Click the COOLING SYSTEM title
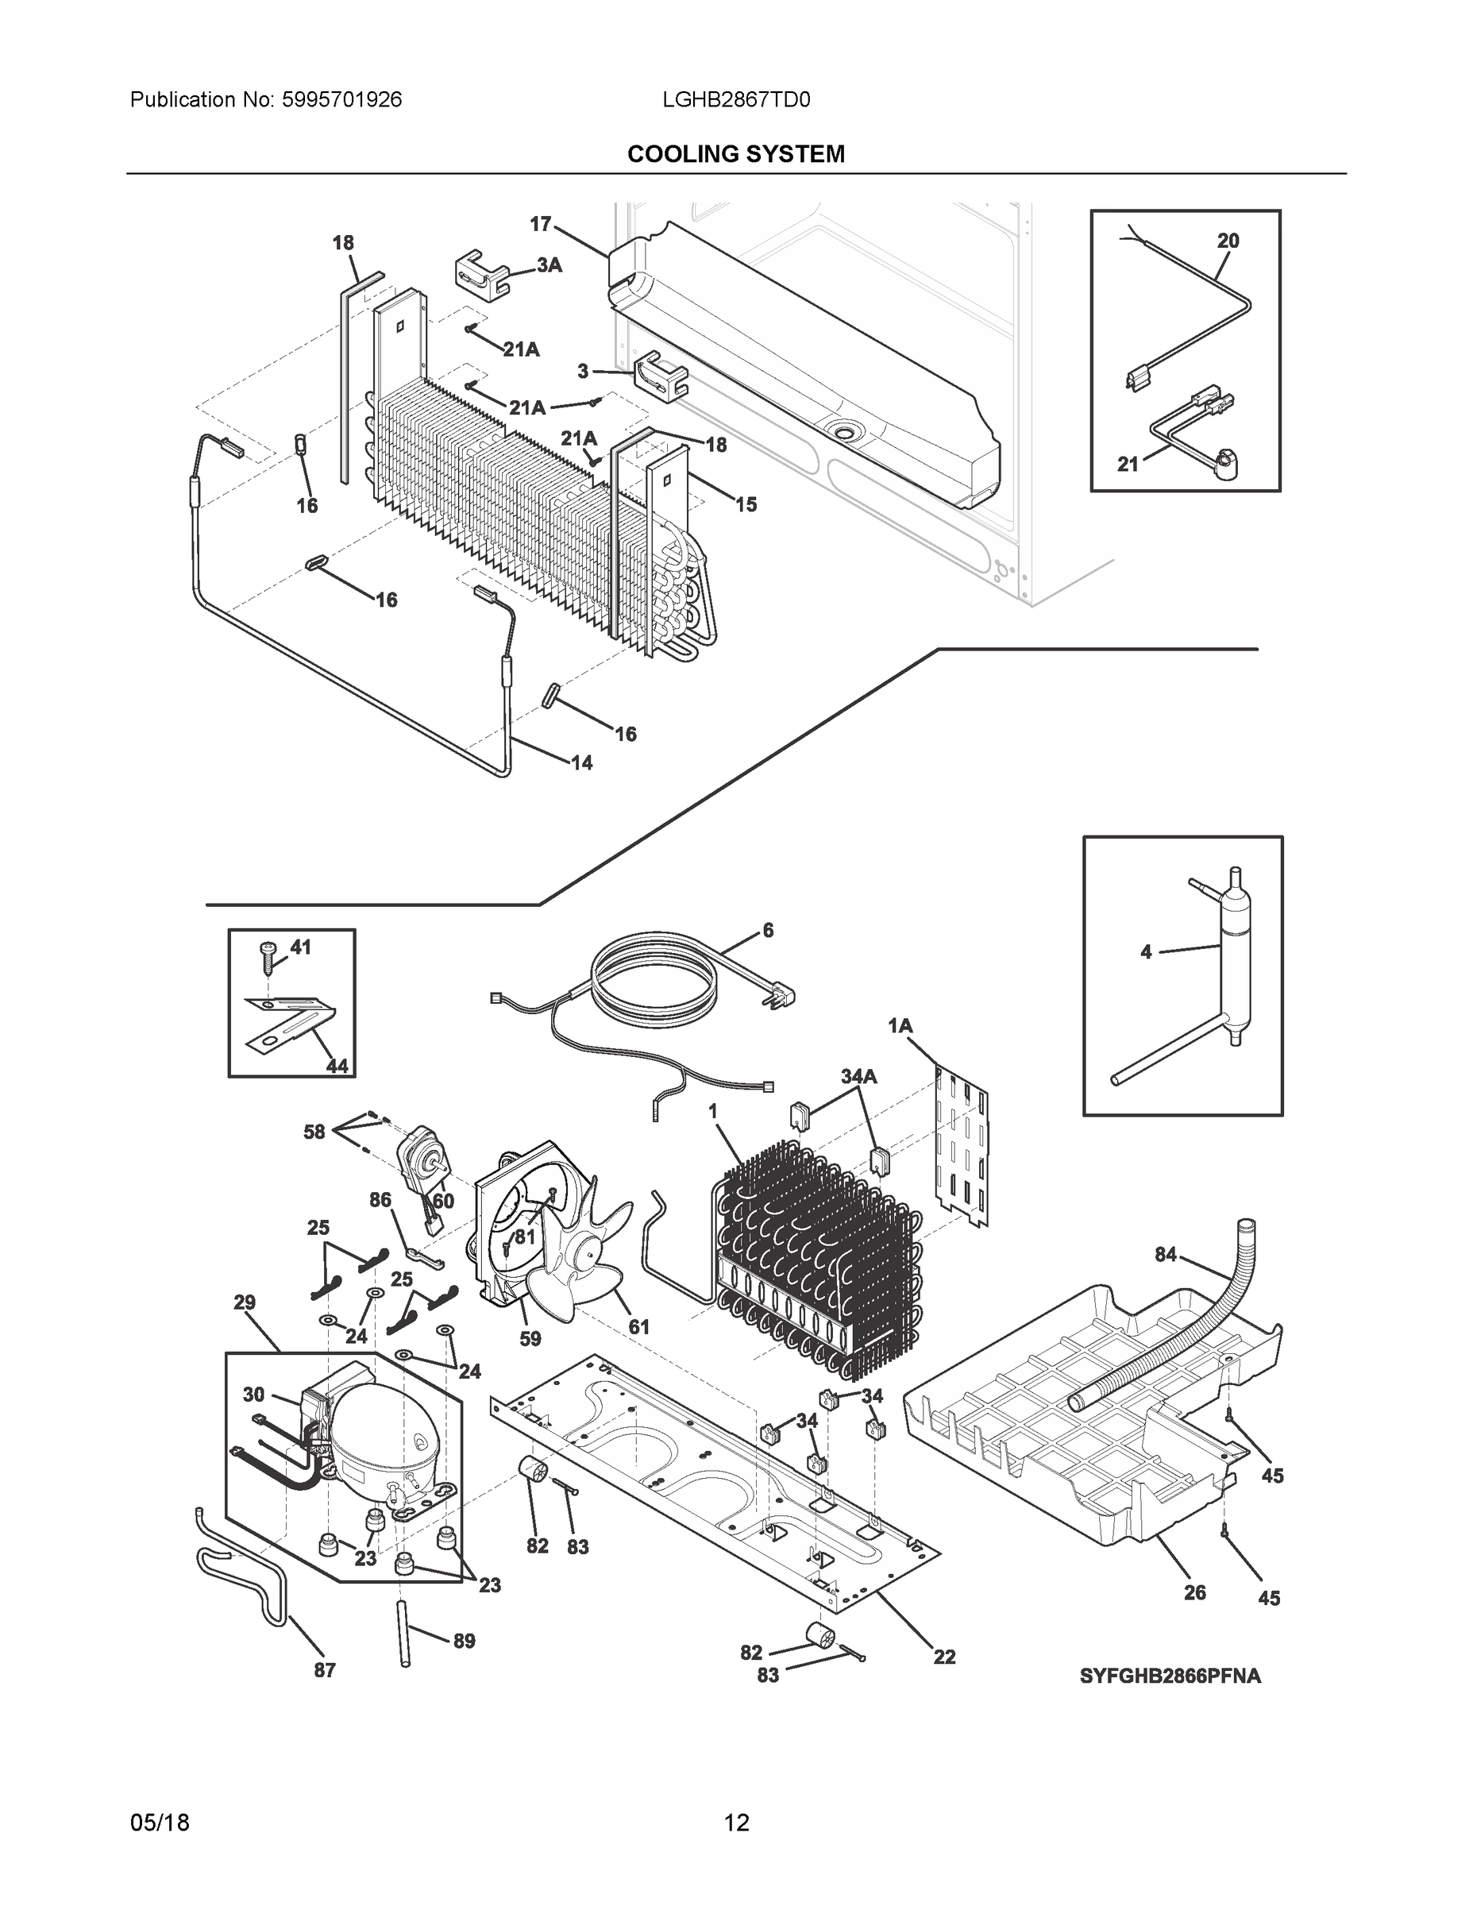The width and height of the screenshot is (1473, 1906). pos(735,155)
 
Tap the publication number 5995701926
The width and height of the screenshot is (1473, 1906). pos(341,100)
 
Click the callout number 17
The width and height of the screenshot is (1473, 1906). pos(540,224)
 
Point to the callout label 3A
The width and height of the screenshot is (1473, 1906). pos(549,265)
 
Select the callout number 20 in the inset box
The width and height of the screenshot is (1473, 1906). pos(1228,241)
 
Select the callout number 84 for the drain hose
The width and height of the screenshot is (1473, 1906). pos(1165,1255)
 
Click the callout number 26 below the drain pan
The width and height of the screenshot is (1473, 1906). pos(1194,1592)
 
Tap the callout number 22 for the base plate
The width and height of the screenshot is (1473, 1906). pos(944,1657)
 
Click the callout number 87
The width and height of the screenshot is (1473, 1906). pos(325,1670)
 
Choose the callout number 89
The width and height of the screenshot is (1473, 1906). pos(464,1642)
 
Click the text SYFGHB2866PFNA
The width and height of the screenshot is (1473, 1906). pos(1170,1676)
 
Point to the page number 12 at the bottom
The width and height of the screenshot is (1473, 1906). pos(737,1823)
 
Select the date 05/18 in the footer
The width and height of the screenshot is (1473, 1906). pos(160,1823)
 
